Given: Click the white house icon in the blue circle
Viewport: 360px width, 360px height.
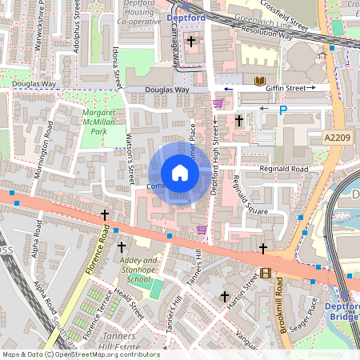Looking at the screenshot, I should coord(180,173).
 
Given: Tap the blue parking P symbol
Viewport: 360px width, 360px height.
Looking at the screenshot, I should coord(282,110).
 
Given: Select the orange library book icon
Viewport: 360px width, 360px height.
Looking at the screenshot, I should coord(259,82).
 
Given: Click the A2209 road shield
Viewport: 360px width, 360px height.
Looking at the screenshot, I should coord(338,138).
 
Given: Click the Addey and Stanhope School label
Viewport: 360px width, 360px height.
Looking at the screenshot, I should coord(139,270).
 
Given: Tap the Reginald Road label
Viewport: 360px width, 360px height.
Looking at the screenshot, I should coord(284,170).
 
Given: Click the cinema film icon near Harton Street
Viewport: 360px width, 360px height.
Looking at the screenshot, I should coord(266,273).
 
